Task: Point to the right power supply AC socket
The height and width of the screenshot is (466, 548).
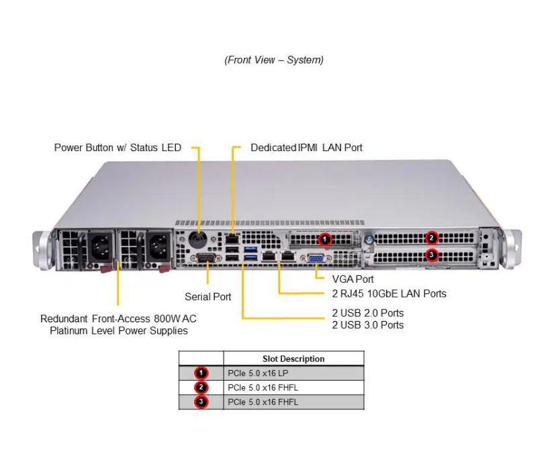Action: (x=158, y=246)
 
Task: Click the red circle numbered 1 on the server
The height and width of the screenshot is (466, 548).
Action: (x=324, y=238)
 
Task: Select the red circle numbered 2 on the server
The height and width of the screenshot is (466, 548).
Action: (x=432, y=237)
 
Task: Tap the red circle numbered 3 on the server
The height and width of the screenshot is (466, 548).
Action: (x=432, y=255)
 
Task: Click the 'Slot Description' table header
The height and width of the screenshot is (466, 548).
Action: (x=293, y=359)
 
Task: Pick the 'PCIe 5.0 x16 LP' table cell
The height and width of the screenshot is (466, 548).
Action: (x=255, y=373)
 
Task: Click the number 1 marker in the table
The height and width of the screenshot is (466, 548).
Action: (x=201, y=373)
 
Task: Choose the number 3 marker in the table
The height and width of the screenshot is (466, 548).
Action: (x=201, y=402)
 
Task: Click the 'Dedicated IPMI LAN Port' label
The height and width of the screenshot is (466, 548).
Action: (x=306, y=148)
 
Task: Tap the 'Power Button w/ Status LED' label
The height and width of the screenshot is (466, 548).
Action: (x=118, y=148)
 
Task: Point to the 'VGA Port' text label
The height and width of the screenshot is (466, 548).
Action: (x=353, y=279)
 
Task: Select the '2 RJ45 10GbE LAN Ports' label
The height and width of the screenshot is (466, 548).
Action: (x=389, y=293)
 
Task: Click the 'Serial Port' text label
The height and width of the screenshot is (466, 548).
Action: (x=208, y=297)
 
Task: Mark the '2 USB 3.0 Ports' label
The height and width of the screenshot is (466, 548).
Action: (x=367, y=325)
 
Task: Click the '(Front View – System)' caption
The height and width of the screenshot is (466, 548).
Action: (x=274, y=60)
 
